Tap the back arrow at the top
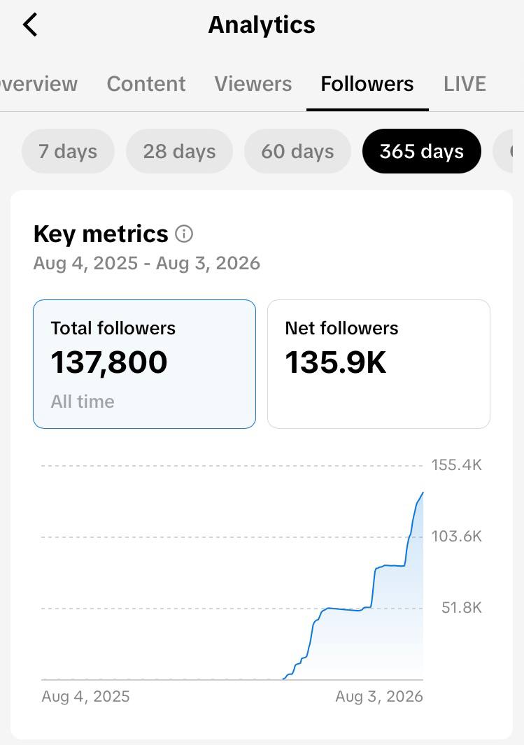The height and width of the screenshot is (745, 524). coord(30,24)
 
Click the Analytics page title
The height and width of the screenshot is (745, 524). coord(262,24)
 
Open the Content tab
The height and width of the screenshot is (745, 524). coord(146,84)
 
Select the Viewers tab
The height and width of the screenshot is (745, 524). coord(253,84)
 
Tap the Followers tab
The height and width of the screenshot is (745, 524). coord(367,84)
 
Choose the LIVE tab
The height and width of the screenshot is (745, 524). coord(465,84)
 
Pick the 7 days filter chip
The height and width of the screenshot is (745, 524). coord(68,152)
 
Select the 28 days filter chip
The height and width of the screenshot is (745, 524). coord(180,152)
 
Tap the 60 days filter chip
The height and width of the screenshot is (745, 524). coord(297,152)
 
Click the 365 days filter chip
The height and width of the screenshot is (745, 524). coord(422,152)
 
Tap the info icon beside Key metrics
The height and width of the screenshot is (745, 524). coord(184,234)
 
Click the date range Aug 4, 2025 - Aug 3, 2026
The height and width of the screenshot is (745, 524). coord(147,263)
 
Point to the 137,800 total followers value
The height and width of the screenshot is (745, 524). coord(109,362)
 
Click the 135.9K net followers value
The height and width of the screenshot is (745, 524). coord(335,362)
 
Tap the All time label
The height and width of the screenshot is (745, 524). coord(83,402)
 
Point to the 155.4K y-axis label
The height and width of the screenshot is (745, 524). coord(456,465)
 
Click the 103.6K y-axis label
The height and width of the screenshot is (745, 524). coord(456,537)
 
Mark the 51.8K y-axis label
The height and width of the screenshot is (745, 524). coord(461,608)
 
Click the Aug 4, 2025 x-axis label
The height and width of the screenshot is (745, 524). coord(85,697)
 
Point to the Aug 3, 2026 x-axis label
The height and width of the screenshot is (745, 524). coord(379,697)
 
